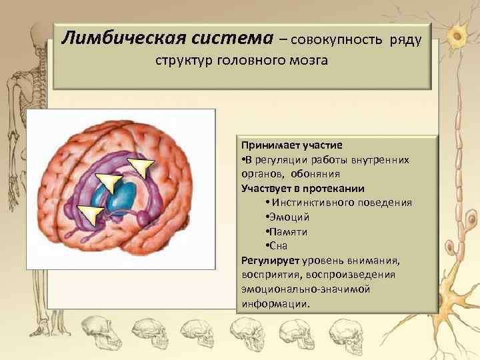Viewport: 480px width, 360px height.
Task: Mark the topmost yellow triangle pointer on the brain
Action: coord(141,166)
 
